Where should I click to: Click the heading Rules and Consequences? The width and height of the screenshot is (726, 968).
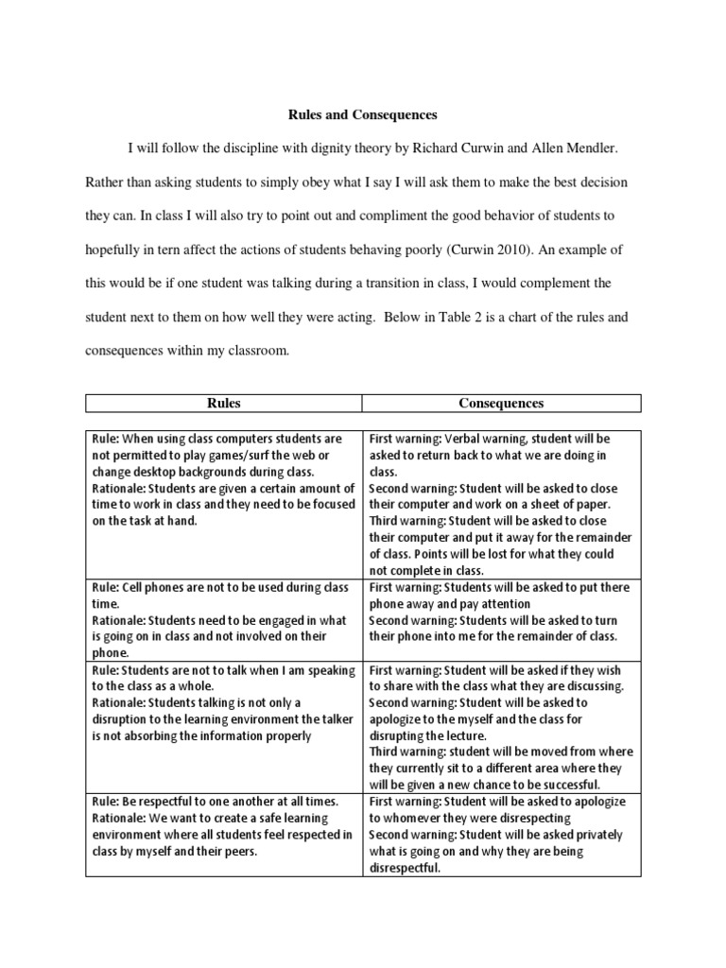[x=362, y=115]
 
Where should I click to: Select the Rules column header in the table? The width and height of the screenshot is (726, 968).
[x=223, y=404]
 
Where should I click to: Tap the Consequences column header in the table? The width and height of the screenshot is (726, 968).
[x=501, y=404]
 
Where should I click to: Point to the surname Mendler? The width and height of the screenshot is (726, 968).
[x=587, y=149]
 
